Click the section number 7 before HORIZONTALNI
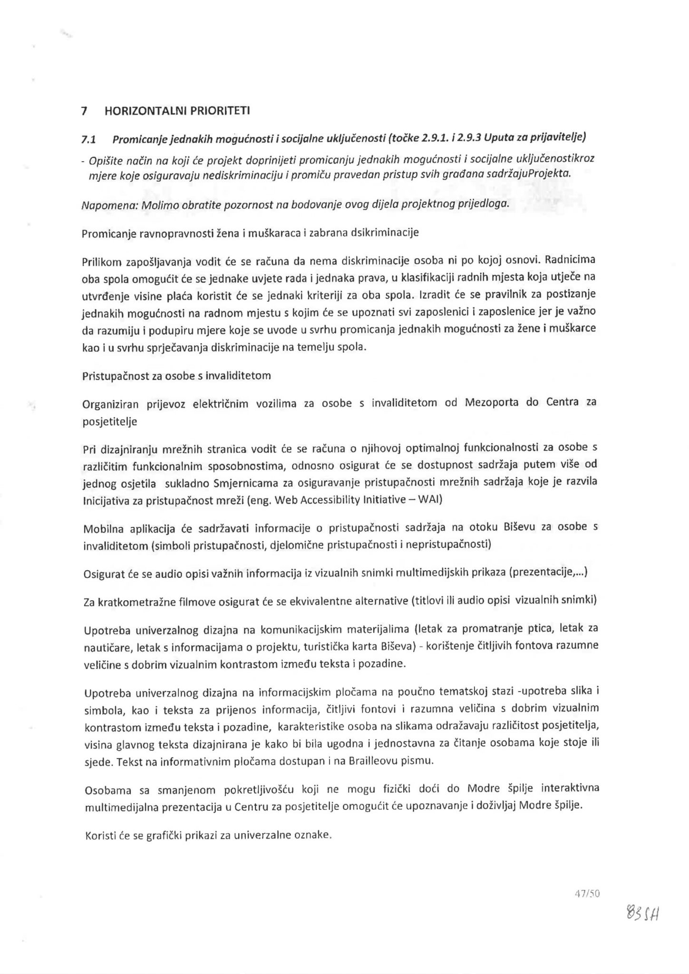click(x=84, y=111)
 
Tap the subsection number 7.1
click(x=89, y=139)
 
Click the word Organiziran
click(x=110, y=404)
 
